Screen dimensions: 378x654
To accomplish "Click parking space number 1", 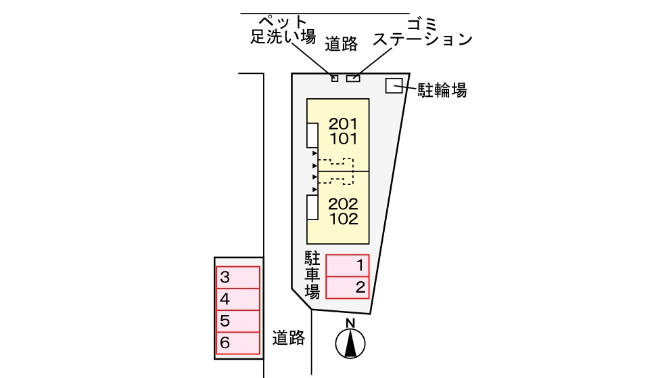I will point(348,266).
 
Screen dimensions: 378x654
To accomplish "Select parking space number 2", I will point(348,288).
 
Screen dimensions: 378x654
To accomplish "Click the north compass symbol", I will point(350,342).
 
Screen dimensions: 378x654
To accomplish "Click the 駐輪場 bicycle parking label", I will point(442,90).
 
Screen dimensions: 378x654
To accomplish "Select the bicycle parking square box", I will point(394,85).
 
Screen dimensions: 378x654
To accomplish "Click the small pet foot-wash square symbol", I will point(335,79).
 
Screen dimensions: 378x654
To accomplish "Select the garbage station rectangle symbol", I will point(353,79).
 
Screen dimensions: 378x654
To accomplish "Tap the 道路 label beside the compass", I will point(289,337).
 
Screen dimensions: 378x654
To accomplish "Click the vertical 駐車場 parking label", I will point(312,274).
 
